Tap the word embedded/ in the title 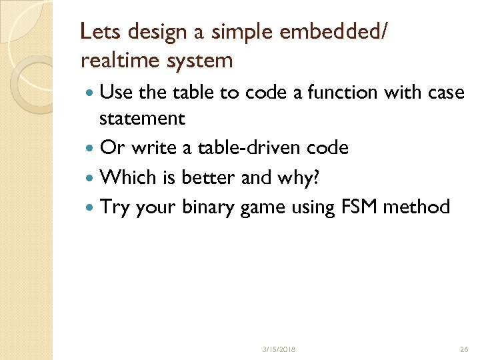(x=323, y=31)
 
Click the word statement (x=142, y=119)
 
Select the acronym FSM (x=360, y=207)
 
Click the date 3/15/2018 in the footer (x=279, y=349)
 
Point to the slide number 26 (x=464, y=349)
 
